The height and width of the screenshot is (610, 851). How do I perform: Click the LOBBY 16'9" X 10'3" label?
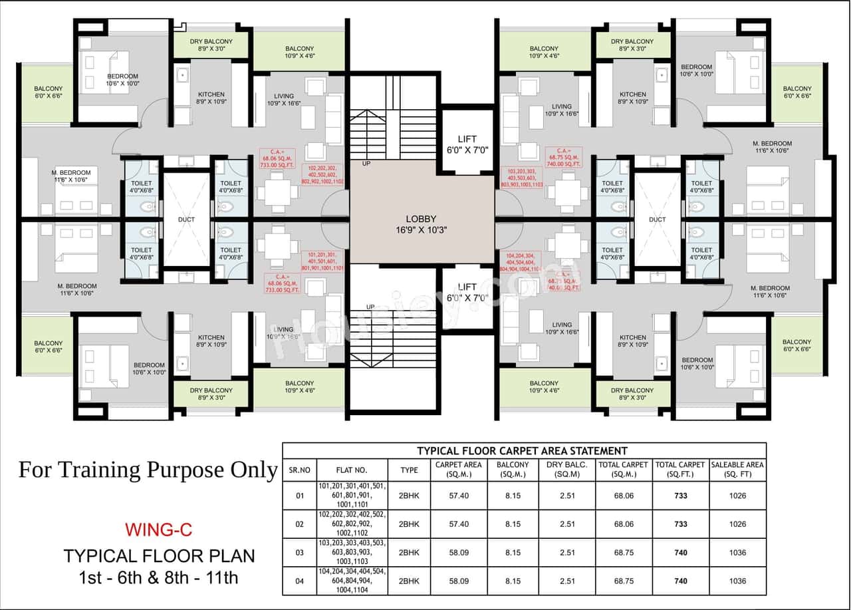[421, 224]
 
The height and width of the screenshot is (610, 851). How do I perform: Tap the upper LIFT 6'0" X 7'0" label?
[467, 144]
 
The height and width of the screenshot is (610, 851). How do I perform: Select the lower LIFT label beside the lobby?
[467, 292]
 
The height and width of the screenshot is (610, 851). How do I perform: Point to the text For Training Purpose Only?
[147, 470]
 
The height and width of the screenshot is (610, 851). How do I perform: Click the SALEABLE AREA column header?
[737, 469]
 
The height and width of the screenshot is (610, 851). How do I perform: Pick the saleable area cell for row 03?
[737, 552]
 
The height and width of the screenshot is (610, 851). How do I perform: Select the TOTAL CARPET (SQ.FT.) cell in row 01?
[680, 496]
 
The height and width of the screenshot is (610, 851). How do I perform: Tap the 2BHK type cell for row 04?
[409, 581]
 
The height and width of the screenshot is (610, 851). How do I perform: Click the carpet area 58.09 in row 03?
[459, 552]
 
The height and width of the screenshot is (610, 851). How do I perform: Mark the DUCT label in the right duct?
[657, 219]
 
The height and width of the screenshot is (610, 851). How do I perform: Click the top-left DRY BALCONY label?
[211, 45]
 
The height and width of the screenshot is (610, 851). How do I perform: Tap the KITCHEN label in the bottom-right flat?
[632, 341]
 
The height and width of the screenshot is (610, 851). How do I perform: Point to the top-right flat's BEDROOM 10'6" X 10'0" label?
[696, 71]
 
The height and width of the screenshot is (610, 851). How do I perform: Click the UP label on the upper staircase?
[366, 164]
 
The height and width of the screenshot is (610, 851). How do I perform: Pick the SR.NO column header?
[300, 470]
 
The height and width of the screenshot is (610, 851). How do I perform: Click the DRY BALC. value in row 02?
[567, 524]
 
